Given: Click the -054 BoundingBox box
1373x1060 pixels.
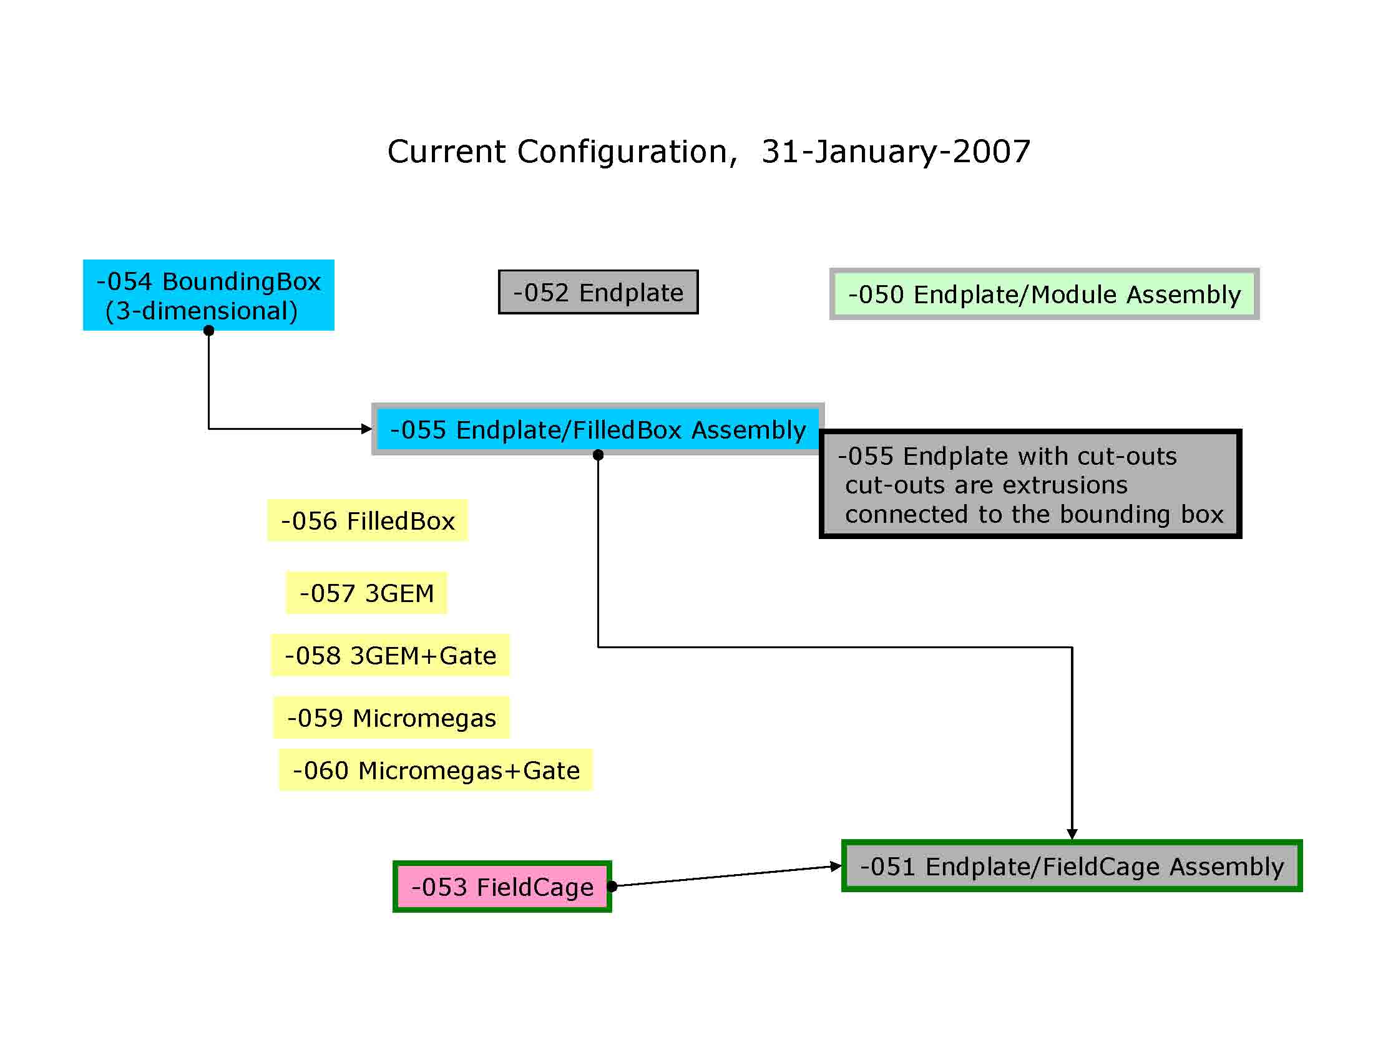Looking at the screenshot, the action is click(x=208, y=294).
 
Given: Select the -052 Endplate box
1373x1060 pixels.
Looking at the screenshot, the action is click(x=598, y=292).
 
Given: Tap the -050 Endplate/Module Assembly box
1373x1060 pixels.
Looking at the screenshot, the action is click(x=1044, y=294).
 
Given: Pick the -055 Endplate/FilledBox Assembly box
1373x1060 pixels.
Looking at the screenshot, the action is click(x=598, y=429).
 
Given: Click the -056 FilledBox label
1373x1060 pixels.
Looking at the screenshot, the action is click(x=368, y=521).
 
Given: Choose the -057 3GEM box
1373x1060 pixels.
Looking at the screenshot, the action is click(x=366, y=593).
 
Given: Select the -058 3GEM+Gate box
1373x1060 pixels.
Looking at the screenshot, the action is click(x=391, y=655).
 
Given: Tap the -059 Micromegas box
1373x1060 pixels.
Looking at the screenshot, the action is click(x=392, y=717).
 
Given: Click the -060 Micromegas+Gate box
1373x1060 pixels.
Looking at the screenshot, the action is click(x=436, y=770).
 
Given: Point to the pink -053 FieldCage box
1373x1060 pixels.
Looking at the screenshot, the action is click(x=502, y=887).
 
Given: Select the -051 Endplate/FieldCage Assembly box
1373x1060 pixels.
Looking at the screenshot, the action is click(x=1072, y=866).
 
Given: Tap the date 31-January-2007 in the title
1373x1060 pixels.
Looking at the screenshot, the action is click(x=896, y=152).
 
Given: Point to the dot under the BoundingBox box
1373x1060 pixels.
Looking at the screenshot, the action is click(x=208, y=331).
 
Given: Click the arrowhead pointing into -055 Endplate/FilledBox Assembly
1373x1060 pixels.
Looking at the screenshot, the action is click(x=366, y=429).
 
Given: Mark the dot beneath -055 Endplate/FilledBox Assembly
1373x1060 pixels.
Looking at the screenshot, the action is click(x=598, y=455).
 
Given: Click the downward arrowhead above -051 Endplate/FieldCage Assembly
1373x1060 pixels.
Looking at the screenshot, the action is click(x=1072, y=834).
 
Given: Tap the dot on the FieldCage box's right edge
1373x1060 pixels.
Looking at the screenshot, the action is click(x=612, y=886).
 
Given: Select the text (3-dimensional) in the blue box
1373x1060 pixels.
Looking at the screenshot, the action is click(x=202, y=311).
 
